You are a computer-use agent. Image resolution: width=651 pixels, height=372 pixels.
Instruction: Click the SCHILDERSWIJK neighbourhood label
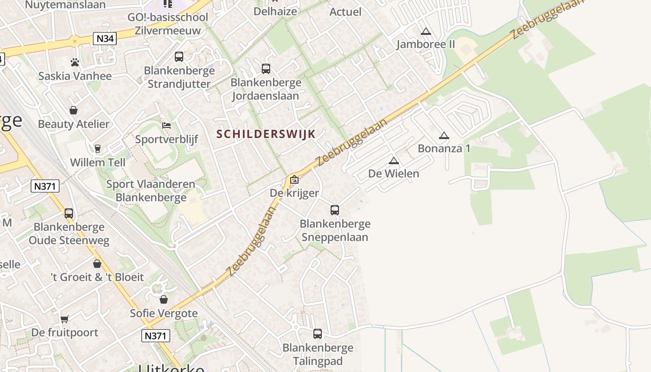[x=266, y=134]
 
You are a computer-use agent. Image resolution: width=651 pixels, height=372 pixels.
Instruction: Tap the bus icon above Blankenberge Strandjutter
[x=179, y=57]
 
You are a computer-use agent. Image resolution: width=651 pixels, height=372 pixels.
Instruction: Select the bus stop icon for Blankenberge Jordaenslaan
[x=266, y=69]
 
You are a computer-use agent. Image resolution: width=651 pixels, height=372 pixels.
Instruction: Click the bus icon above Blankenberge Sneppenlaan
[x=335, y=210]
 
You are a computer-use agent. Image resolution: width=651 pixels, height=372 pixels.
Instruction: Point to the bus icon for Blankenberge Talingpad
[x=318, y=333]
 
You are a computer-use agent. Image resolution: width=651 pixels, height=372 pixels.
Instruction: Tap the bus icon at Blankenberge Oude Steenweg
[x=69, y=213]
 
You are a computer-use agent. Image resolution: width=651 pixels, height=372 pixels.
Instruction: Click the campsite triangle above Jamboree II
[x=425, y=32]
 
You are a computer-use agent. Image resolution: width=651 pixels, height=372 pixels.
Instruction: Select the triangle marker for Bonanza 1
[x=444, y=136]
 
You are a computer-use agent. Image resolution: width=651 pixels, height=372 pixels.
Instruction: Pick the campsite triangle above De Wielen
[x=394, y=161]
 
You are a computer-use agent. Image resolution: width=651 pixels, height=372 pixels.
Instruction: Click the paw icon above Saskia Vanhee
[x=75, y=62]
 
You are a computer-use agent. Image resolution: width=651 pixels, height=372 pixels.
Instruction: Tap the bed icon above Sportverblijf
[x=166, y=126]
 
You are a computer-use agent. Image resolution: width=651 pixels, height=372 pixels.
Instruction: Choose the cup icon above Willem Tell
[x=98, y=149]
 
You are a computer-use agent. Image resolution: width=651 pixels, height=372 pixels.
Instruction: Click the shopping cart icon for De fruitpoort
[x=65, y=319]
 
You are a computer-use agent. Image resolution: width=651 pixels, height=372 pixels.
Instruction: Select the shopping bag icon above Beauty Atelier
[x=73, y=110]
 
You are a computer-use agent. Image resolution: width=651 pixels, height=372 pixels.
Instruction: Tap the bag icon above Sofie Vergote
[x=164, y=299]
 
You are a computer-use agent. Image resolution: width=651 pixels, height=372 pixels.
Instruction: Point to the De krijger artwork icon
[x=294, y=179]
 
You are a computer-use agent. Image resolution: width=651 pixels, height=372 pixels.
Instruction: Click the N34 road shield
[x=105, y=39]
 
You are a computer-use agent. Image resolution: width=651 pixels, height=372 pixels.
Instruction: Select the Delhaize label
[x=275, y=11]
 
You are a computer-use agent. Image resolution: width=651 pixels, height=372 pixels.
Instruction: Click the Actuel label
[x=345, y=12]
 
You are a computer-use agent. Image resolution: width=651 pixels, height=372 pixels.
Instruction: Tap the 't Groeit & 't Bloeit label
[x=97, y=277]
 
